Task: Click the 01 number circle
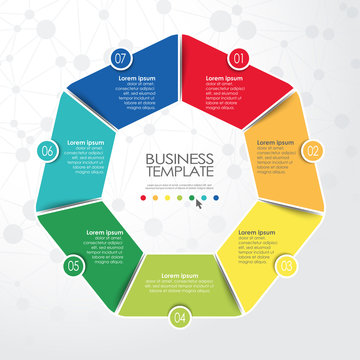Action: coord(239,57)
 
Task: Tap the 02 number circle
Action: coord(313,151)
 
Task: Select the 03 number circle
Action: coord(286,266)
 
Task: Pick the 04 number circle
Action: coord(180,318)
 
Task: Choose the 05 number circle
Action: coord(73,266)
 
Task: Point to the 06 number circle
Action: coord(47,151)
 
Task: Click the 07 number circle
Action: coord(120,57)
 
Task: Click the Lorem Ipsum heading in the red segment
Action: coord(224,77)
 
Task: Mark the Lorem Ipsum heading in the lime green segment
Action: coord(180,274)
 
